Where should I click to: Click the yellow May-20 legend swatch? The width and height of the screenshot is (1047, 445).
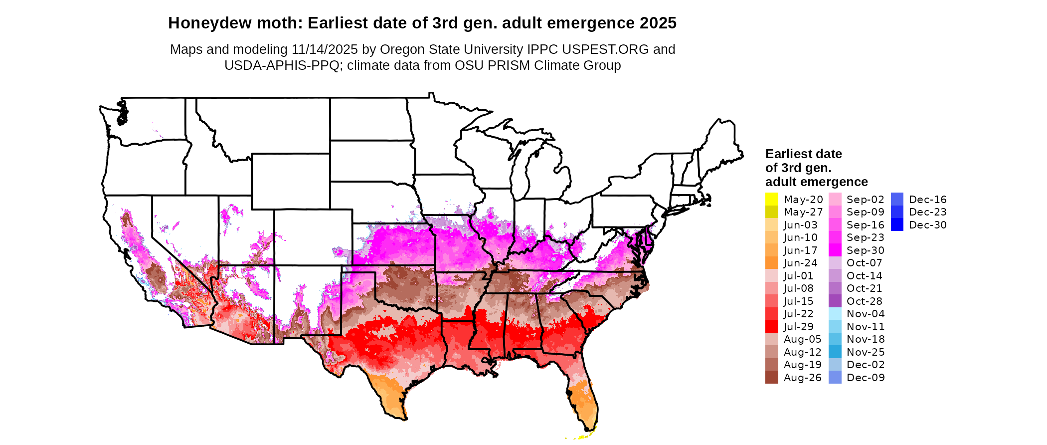(771, 199)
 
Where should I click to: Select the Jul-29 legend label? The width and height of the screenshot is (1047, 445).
(798, 327)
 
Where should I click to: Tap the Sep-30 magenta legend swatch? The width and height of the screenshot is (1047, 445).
(835, 250)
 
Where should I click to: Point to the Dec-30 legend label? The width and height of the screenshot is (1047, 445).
(927, 225)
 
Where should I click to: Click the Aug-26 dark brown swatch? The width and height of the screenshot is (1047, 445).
(771, 378)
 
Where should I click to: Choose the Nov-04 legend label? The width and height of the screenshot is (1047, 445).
(865, 314)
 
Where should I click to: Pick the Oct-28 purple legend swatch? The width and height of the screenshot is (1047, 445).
(835, 301)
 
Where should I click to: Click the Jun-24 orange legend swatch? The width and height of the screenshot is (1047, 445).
(771, 263)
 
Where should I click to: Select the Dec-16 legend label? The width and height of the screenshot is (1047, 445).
(927, 200)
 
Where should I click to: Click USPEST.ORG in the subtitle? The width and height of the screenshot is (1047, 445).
(605, 49)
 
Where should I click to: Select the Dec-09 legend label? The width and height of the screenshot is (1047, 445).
(865, 378)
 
